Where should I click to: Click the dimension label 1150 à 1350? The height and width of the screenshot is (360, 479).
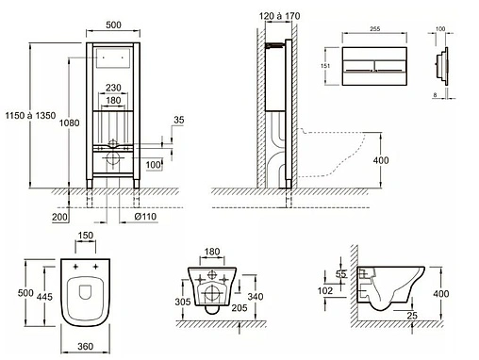pyautogui.click(x=30, y=116)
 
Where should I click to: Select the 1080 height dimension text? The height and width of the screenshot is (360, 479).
pyautogui.click(x=70, y=123)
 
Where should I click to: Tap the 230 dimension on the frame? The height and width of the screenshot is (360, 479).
pyautogui.click(x=113, y=88)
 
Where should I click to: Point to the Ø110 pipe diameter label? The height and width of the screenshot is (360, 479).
pyautogui.click(x=145, y=217)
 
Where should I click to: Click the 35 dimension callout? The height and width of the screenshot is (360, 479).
pyautogui.click(x=179, y=120)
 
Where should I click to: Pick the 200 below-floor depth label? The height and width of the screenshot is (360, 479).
pyautogui.click(x=59, y=217)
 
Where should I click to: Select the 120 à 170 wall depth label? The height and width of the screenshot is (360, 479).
pyautogui.click(x=279, y=16)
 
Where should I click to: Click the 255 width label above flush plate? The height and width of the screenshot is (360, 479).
pyautogui.click(x=374, y=29)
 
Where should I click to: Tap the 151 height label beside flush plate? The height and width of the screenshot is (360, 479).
pyautogui.click(x=325, y=66)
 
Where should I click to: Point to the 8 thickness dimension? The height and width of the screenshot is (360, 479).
pyautogui.click(x=435, y=94)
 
